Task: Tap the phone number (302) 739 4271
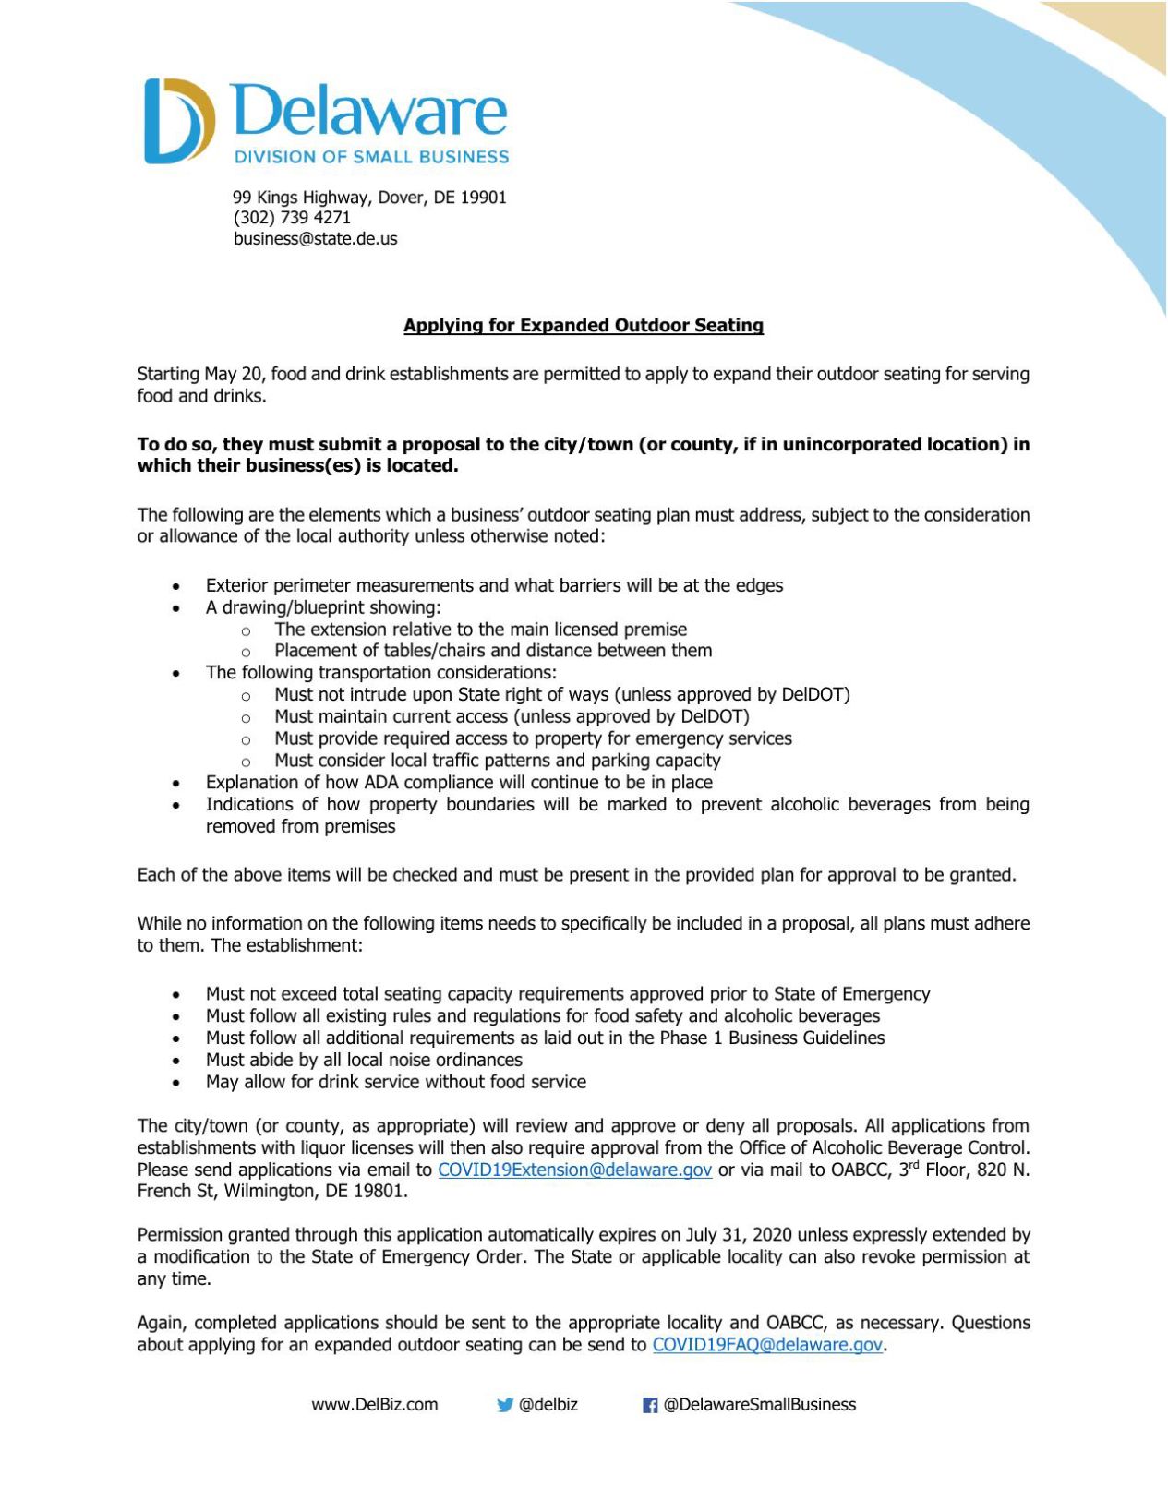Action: pyautogui.click(x=292, y=218)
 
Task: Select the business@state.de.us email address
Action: pyautogui.click(x=315, y=239)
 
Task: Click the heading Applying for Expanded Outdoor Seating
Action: pyautogui.click(x=584, y=326)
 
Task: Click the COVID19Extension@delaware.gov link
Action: pyautogui.click(x=574, y=1170)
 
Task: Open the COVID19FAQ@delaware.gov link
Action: pyautogui.click(x=767, y=1345)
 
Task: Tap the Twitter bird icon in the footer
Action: pyautogui.click(x=504, y=1405)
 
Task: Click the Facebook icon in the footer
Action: pyautogui.click(x=650, y=1406)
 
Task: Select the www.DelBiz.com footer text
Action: pyautogui.click(x=374, y=1405)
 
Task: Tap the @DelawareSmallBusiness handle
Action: pyautogui.click(x=759, y=1405)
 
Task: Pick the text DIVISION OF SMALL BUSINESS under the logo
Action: pyautogui.click(x=371, y=157)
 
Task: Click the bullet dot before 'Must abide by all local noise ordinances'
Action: pyautogui.click(x=175, y=1062)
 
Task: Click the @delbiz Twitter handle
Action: pyautogui.click(x=548, y=1405)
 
